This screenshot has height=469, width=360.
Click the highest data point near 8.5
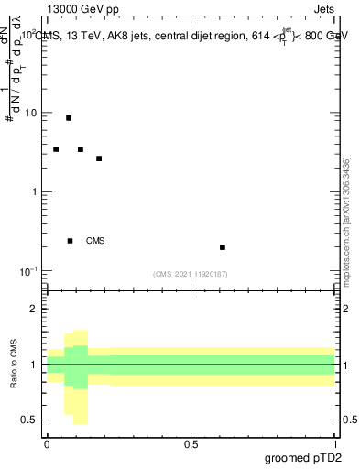point(69,118)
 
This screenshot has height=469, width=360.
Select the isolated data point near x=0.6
point(223,247)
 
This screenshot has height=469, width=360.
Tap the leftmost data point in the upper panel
point(56,149)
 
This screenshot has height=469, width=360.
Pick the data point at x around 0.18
point(99,158)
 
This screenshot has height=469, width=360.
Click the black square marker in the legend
point(70,241)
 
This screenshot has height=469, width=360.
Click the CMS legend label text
point(95,241)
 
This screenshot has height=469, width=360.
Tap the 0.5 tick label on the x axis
point(191,442)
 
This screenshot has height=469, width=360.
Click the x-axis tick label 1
point(335,442)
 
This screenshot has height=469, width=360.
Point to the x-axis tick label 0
point(47,442)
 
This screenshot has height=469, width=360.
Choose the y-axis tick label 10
point(29,114)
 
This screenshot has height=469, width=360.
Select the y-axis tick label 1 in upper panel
point(33,192)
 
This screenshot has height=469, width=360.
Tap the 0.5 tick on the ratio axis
point(29,420)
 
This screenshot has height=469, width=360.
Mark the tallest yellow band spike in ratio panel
point(80,376)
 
